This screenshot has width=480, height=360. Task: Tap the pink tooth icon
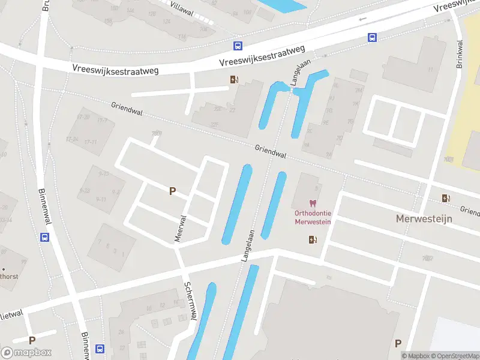(x=312, y=204)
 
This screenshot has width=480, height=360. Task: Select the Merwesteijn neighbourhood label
(x=424, y=218)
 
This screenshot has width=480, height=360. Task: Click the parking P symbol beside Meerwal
(x=172, y=191)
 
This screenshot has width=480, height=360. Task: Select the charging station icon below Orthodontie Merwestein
(x=312, y=240)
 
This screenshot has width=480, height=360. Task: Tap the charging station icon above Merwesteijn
(x=446, y=198)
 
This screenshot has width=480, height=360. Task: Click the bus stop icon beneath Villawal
(x=238, y=46)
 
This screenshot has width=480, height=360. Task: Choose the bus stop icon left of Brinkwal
(x=372, y=38)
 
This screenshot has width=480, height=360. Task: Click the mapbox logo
(x=26, y=353)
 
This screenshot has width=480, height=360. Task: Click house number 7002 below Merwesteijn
(x=427, y=259)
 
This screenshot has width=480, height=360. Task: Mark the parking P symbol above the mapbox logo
(x=32, y=340)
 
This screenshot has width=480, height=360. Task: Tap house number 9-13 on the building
(x=103, y=174)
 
